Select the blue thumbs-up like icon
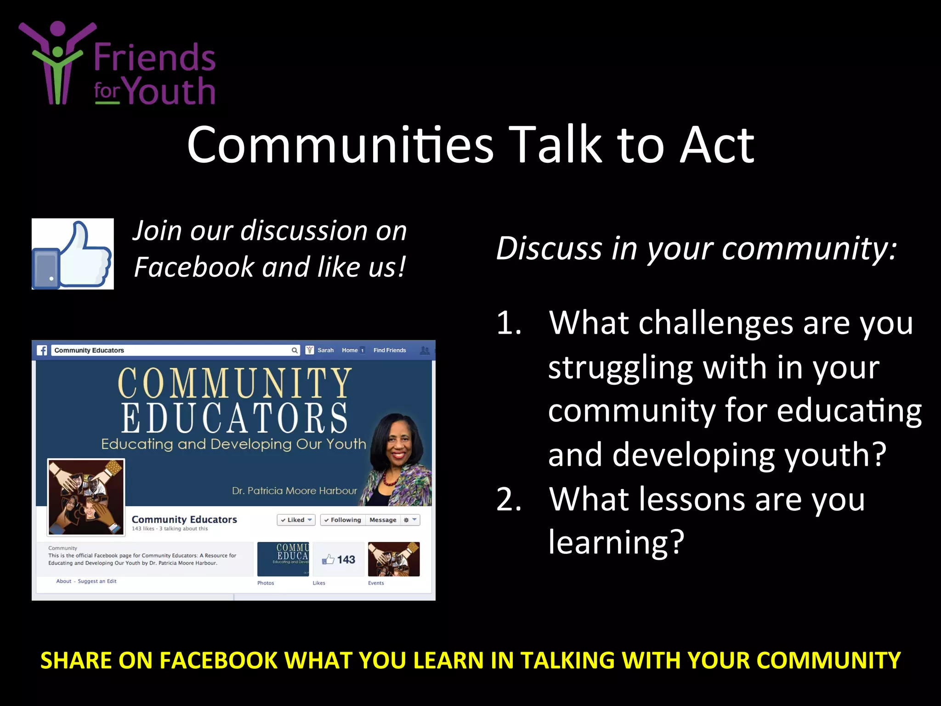coord(73,254)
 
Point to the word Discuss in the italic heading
coord(549,249)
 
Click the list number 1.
coord(509,323)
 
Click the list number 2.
coord(509,500)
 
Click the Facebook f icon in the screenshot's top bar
coord(42,350)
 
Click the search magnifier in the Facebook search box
coord(295,350)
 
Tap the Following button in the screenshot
coord(342,520)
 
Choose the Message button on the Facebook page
coord(383,520)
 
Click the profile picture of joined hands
coord(86,496)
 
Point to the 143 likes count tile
coord(339,559)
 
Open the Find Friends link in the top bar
coord(390,350)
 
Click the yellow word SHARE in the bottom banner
coord(75,661)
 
